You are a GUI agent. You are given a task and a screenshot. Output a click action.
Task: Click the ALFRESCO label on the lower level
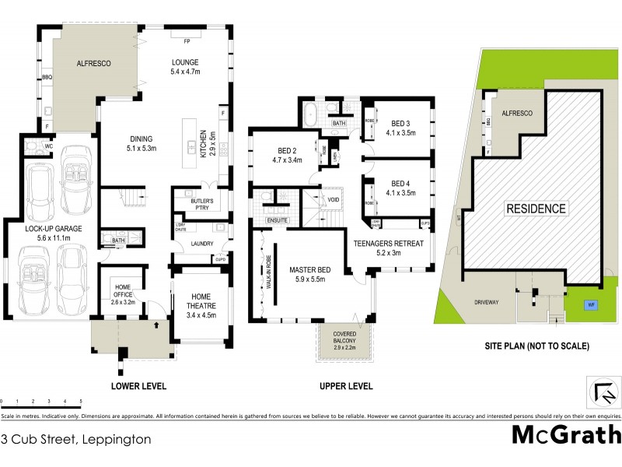pos(91,63)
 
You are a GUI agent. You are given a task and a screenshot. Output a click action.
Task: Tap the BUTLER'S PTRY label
pos(197,201)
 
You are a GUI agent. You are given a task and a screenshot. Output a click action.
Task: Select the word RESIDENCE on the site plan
pos(536,209)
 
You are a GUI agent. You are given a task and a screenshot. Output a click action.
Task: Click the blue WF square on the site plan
pos(592,304)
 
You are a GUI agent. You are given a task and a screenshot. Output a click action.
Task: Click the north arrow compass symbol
pos(603,392)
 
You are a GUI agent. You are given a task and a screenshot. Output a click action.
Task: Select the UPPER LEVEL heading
pos(346,386)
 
